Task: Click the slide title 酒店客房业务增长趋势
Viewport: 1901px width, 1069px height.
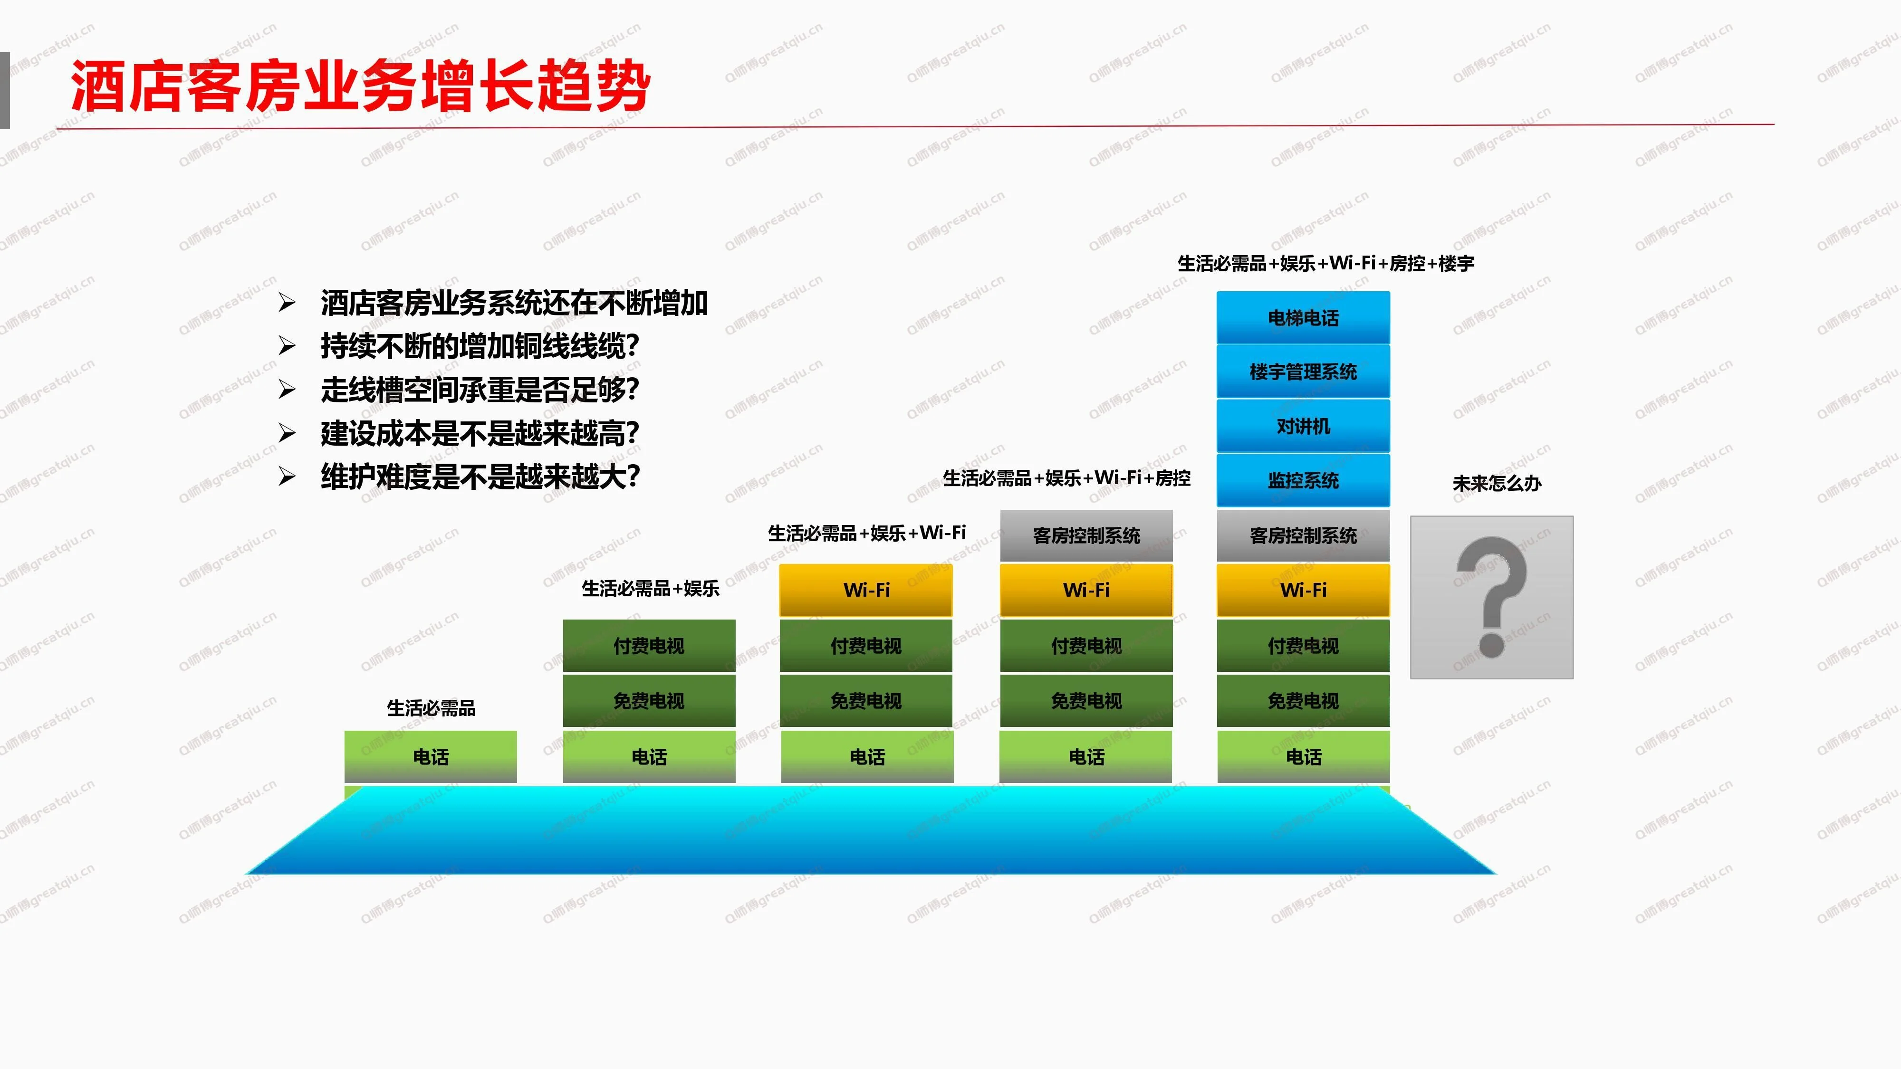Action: coord(360,86)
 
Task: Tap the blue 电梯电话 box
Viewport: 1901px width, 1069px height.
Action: coord(1303,317)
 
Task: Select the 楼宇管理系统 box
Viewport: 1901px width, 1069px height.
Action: coord(1303,372)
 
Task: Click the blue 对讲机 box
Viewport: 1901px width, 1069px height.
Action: coord(1303,427)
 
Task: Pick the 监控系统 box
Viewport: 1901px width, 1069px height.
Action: coord(1303,480)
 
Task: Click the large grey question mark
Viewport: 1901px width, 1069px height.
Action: coord(1491,597)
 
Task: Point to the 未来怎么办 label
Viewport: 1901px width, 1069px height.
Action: coord(1497,483)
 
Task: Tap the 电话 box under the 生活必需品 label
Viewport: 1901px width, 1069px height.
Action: coord(431,756)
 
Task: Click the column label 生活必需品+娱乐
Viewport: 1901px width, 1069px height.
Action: coord(650,588)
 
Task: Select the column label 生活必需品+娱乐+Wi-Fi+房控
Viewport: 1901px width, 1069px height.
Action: coord(1066,478)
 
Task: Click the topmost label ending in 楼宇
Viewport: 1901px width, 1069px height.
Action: coord(1325,263)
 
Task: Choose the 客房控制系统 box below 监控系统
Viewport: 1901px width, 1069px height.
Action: coord(1303,535)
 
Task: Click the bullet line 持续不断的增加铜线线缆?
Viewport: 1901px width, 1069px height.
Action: coord(480,346)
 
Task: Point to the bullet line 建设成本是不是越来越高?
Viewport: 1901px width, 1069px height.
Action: coord(480,433)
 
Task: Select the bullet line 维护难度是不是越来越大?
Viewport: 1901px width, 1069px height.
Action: coord(480,477)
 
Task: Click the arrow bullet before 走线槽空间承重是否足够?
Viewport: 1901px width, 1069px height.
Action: coord(287,390)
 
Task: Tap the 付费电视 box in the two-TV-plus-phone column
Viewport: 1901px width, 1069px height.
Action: coord(649,646)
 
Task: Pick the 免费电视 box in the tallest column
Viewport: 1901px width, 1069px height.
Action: coord(1303,701)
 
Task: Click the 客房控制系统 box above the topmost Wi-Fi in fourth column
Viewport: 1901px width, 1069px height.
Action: coord(1086,535)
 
